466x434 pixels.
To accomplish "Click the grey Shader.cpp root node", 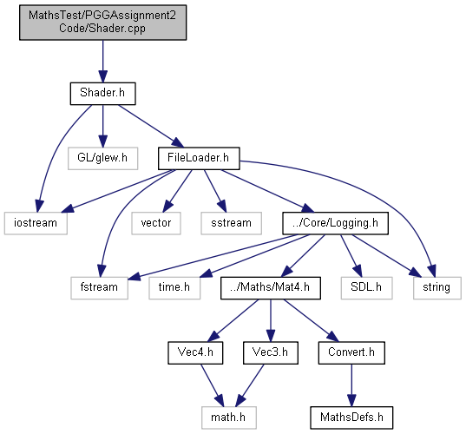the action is tap(102, 23).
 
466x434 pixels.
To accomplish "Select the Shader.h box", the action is tap(102, 94).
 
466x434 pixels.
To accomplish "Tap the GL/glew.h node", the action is tap(102, 159).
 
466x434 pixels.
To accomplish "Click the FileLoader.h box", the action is tap(199, 159).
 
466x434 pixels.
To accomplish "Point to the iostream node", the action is tap(36, 223).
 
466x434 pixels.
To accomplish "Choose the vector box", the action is tap(156, 223).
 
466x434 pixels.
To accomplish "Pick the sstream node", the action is tap(231, 223).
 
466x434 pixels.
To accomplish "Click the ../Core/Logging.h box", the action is tap(335, 223).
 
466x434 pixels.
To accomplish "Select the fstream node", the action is tap(99, 288).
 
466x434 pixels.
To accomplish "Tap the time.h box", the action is tap(174, 288).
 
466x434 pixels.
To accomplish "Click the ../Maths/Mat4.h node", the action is tap(271, 288).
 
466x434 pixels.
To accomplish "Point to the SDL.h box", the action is tap(367, 288).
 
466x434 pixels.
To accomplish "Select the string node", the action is tap(436, 288).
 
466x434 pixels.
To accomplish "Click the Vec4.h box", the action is tap(195, 353).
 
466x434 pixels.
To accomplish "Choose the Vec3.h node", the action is tap(271, 353).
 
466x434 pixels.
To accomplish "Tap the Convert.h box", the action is tap(351, 353).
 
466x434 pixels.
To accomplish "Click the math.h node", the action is tap(229, 418).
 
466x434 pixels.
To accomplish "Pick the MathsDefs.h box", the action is tap(351, 418).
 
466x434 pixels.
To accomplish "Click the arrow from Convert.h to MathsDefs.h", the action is tap(351, 385).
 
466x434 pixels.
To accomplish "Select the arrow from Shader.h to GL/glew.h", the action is tap(102, 126).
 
